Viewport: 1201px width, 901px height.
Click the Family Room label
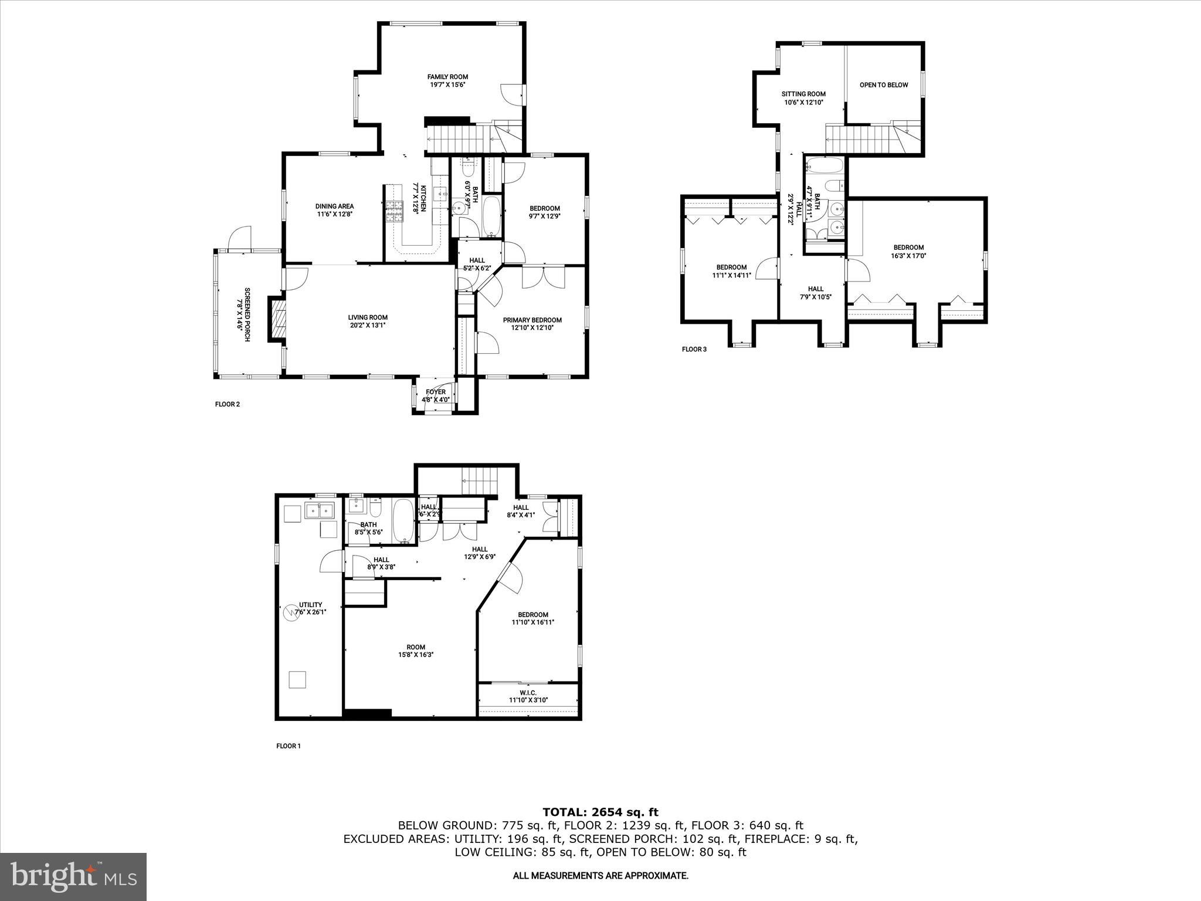click(447, 77)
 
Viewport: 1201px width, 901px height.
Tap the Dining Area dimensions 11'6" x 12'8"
click(334, 214)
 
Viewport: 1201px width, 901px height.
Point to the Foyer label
click(436, 392)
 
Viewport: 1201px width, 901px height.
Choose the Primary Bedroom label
click(532, 320)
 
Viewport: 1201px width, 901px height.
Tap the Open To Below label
click(883, 85)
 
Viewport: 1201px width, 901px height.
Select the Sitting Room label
click(803, 94)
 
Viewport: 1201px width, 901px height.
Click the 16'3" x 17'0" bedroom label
click(908, 248)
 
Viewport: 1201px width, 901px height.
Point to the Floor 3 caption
click(694, 350)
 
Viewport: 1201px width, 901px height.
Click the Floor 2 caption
click(228, 404)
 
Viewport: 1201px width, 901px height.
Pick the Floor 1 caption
click(288, 746)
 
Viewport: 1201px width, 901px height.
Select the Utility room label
click(311, 605)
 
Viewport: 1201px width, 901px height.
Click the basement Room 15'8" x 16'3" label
click(416, 648)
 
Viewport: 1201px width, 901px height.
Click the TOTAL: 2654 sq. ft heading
click(600, 812)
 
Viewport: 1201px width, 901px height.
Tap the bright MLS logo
click(73, 876)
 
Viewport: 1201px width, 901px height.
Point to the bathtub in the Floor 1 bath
click(403, 520)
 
